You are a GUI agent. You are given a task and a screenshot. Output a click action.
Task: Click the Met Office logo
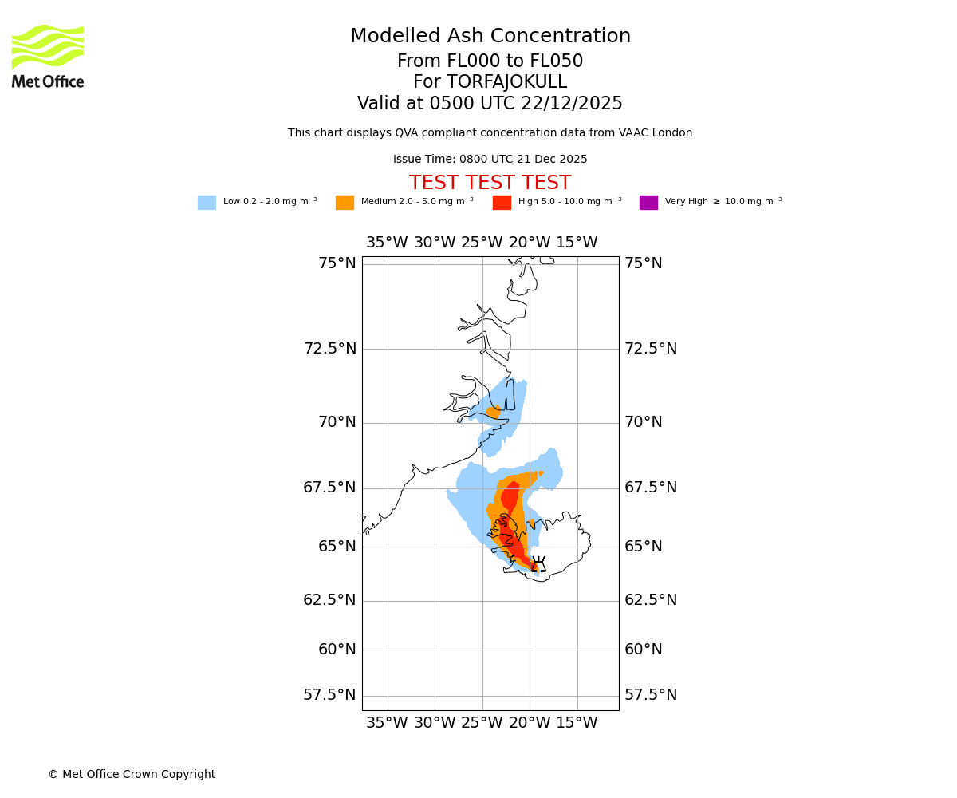pos(48,56)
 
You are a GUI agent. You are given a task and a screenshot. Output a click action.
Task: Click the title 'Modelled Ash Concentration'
pos(490,37)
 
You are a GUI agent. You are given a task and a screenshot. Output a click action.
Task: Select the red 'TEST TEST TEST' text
pos(490,183)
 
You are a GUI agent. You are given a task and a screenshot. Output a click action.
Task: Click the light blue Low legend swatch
pos(207,203)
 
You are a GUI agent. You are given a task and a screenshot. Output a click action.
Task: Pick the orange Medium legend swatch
pos(345,203)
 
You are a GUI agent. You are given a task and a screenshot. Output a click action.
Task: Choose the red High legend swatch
pos(502,203)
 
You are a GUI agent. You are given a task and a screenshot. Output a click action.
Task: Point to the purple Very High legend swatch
pos(648,203)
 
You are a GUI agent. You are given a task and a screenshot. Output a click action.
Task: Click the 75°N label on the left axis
pos(337,263)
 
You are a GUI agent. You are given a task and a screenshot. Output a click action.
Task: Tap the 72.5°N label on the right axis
pos(650,349)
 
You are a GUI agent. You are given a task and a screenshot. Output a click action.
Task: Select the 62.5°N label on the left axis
pos(329,600)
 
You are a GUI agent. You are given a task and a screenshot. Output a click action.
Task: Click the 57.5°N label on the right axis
pos(650,695)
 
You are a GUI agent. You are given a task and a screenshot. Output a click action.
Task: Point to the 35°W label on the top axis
pos(387,243)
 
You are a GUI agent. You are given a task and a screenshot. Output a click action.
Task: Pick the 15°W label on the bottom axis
pos(577,723)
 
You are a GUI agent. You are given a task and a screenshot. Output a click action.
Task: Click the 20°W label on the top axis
pos(530,243)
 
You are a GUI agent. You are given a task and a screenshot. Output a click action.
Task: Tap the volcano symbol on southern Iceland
pos(538,565)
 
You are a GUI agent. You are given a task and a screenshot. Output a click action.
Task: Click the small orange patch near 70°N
pos(493,412)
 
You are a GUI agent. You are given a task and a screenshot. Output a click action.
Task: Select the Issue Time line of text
pos(490,160)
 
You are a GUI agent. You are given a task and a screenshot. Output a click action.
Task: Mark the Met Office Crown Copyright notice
pos(132,774)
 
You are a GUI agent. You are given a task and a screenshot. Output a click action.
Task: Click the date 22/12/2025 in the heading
pos(572,104)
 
